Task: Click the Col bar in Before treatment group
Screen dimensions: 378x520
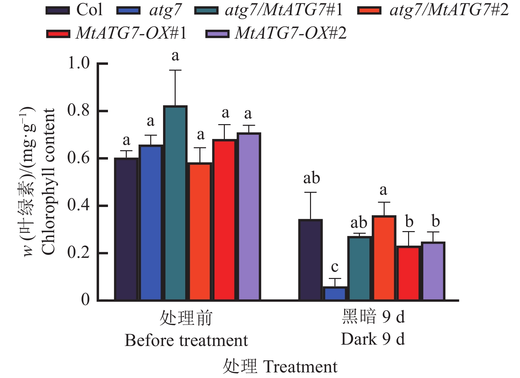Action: (126, 229)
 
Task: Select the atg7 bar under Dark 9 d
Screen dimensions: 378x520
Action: (335, 293)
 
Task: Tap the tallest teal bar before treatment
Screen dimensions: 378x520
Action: (175, 203)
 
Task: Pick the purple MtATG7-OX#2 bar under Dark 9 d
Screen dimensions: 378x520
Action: (433, 271)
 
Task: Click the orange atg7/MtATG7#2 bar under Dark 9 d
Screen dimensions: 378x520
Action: (384, 258)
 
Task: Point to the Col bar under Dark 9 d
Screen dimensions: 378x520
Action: (310, 260)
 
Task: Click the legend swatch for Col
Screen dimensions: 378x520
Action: (58, 11)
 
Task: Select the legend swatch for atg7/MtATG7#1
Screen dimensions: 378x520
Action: (206, 11)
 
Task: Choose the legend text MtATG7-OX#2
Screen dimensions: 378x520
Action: (291, 33)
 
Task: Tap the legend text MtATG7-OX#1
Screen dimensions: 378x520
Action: (131, 33)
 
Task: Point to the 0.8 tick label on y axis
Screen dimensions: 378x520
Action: (79, 110)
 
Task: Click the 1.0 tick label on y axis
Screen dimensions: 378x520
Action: (79, 63)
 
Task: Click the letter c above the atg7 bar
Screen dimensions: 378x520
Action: (335, 267)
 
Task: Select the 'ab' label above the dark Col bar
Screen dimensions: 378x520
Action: (311, 178)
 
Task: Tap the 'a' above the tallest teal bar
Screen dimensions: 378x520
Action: (175, 56)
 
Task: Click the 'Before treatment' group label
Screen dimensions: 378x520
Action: (186, 340)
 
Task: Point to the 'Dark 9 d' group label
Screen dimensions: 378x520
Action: (373, 339)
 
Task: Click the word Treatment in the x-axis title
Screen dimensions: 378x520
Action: (300, 367)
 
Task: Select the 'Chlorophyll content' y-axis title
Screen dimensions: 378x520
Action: (49, 182)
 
